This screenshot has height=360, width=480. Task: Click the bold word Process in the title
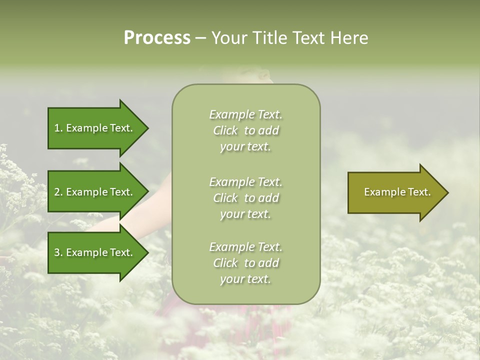pos(157,38)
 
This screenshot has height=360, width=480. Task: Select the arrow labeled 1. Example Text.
pos(95,128)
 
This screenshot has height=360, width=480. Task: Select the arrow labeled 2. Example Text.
pos(95,192)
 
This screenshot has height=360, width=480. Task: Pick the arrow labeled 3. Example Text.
pos(95,252)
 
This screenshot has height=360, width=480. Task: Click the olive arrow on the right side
pos(395,192)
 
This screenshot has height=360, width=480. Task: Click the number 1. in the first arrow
pos(58,128)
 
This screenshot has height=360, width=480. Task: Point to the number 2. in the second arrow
pos(58,192)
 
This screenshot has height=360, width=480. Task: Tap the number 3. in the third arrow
pos(58,253)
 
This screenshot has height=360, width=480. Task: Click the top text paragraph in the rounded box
pos(245,130)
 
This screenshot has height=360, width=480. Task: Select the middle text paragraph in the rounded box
pos(245,197)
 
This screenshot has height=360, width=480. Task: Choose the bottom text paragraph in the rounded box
pos(245,263)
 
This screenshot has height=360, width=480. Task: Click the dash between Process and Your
pos(200,38)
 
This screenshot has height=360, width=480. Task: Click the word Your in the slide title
pos(227,38)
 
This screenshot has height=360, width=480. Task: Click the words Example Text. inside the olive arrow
pos(397,192)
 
